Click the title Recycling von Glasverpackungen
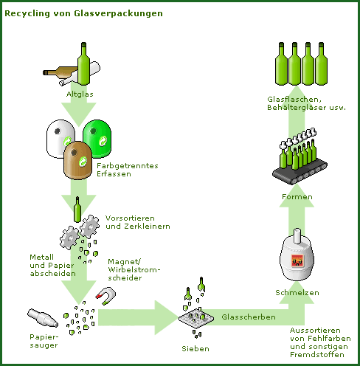click(x=83, y=13)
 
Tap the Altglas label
click(x=80, y=94)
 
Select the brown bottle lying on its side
click(x=60, y=71)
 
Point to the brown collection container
click(x=77, y=160)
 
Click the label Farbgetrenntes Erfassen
click(x=128, y=170)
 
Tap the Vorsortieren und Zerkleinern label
click(x=138, y=222)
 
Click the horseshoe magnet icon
click(x=105, y=296)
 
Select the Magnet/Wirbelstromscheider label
click(x=134, y=269)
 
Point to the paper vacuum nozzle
click(x=43, y=318)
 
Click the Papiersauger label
click(x=44, y=341)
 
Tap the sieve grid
click(x=196, y=318)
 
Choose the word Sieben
click(x=195, y=348)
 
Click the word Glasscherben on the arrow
click(x=249, y=317)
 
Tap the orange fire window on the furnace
click(x=297, y=260)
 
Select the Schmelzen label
click(x=297, y=293)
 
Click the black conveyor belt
click(x=300, y=171)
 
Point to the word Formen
click(x=297, y=197)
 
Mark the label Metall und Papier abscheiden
click(x=52, y=266)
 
